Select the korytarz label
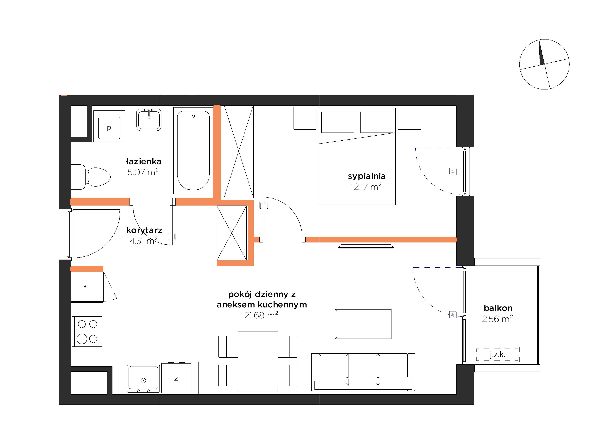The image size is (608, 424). (144, 230)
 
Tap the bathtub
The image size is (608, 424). (193, 150)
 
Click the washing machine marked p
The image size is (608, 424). (109, 126)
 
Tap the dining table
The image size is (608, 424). (258, 361)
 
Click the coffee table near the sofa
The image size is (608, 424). (363, 324)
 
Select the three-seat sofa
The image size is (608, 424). (363, 372)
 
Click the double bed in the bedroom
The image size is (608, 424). (357, 156)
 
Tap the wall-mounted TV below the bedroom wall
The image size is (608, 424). (366, 246)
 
